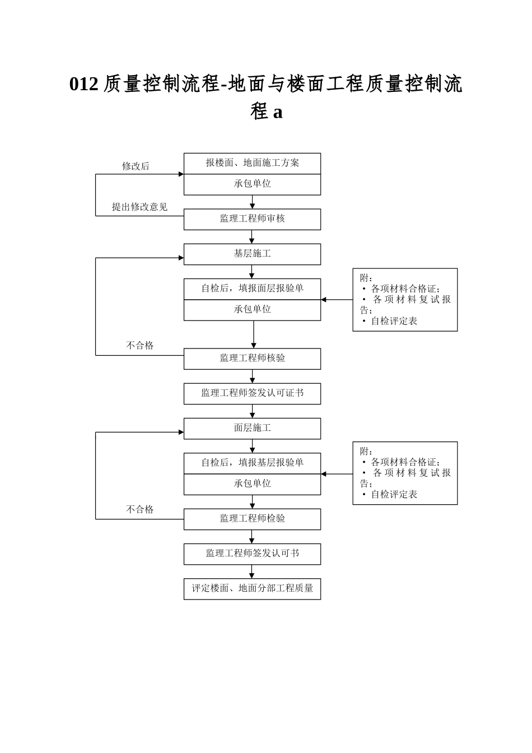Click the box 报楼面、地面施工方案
[x=252, y=163]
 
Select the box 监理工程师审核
[x=252, y=219]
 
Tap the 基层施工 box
[x=252, y=254]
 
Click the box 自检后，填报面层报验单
[x=252, y=289]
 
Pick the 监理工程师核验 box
[x=252, y=359]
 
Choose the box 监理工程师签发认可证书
[x=252, y=393]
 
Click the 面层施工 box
[x=252, y=428]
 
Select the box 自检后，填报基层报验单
[x=252, y=463]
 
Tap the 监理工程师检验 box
[x=252, y=519]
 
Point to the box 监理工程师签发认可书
[x=252, y=554]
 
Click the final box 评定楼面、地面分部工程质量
[x=252, y=589]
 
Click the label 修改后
[x=136, y=166]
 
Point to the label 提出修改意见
[x=139, y=207]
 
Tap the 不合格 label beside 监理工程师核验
[x=139, y=346]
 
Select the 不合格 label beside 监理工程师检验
[x=139, y=509]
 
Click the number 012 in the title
[x=84, y=84]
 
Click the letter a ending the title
[x=278, y=112]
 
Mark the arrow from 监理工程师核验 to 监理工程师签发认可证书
[x=252, y=376]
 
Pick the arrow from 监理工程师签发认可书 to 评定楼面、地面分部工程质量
[x=252, y=571]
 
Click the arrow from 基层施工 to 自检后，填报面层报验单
[x=252, y=272]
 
